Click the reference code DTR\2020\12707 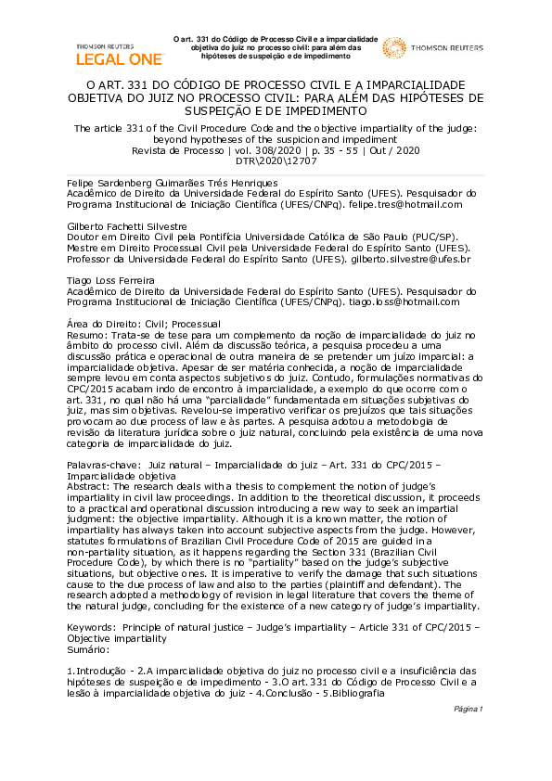(276, 160)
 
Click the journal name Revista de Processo (175, 149)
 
